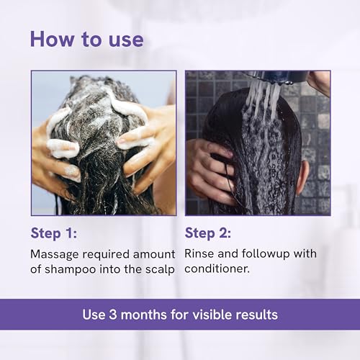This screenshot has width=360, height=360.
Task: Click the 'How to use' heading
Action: point(87,40)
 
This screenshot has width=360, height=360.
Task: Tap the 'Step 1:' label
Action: point(54,233)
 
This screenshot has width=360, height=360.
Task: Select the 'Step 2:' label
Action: point(208,233)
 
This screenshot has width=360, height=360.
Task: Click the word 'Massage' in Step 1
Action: point(55,255)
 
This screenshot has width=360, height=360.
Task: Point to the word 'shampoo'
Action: point(71,270)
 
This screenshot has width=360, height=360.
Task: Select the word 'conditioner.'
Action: point(217,269)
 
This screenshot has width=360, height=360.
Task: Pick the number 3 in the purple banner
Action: point(112,315)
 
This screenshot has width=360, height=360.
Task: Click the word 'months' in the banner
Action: point(143,315)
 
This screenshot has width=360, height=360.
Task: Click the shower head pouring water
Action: point(281,77)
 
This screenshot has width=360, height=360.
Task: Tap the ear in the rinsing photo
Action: point(302,176)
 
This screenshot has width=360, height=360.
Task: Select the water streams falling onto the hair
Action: point(263,99)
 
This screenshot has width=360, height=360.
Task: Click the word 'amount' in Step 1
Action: point(154,254)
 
